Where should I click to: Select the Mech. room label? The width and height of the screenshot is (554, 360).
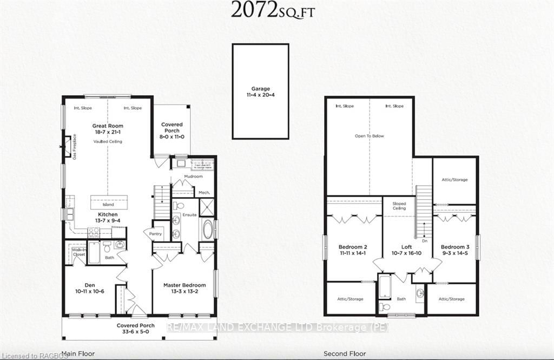pyautogui.click(x=204, y=192)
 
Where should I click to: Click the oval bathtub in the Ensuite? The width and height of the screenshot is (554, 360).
pyautogui.click(x=207, y=229)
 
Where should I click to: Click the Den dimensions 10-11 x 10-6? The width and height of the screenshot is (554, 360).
pyautogui.click(x=90, y=291)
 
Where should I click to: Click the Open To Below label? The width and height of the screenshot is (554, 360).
pyautogui.click(x=370, y=136)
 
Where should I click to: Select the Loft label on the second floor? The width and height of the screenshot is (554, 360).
pyautogui.click(x=406, y=246)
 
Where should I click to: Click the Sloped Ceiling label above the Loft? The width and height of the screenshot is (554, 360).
pyautogui.click(x=399, y=206)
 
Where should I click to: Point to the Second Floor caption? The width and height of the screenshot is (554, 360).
pyautogui.click(x=344, y=354)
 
